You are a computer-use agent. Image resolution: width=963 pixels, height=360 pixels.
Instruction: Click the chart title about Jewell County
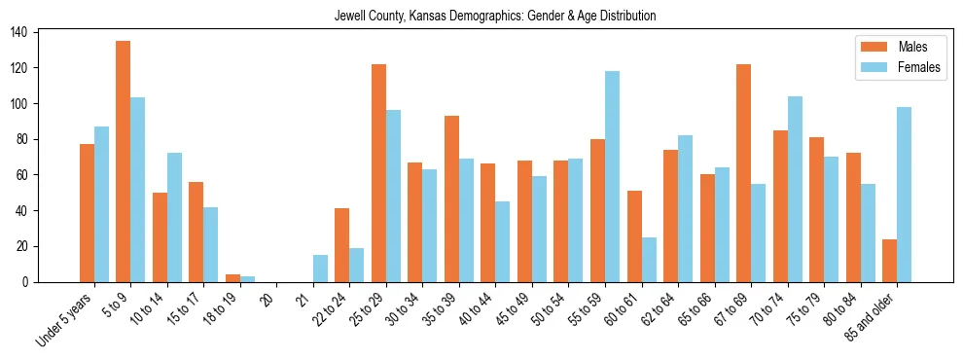click(x=494, y=17)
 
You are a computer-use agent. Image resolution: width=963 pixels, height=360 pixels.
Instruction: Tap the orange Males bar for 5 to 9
click(x=124, y=162)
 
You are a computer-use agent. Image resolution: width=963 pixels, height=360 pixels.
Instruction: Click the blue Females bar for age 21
click(x=320, y=269)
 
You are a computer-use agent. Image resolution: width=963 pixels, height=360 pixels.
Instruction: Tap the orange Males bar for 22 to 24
click(x=341, y=245)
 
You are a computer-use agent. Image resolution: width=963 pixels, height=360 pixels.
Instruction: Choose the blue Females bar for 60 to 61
click(x=649, y=260)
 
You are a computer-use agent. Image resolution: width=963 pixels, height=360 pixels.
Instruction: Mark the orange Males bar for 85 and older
click(x=889, y=261)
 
